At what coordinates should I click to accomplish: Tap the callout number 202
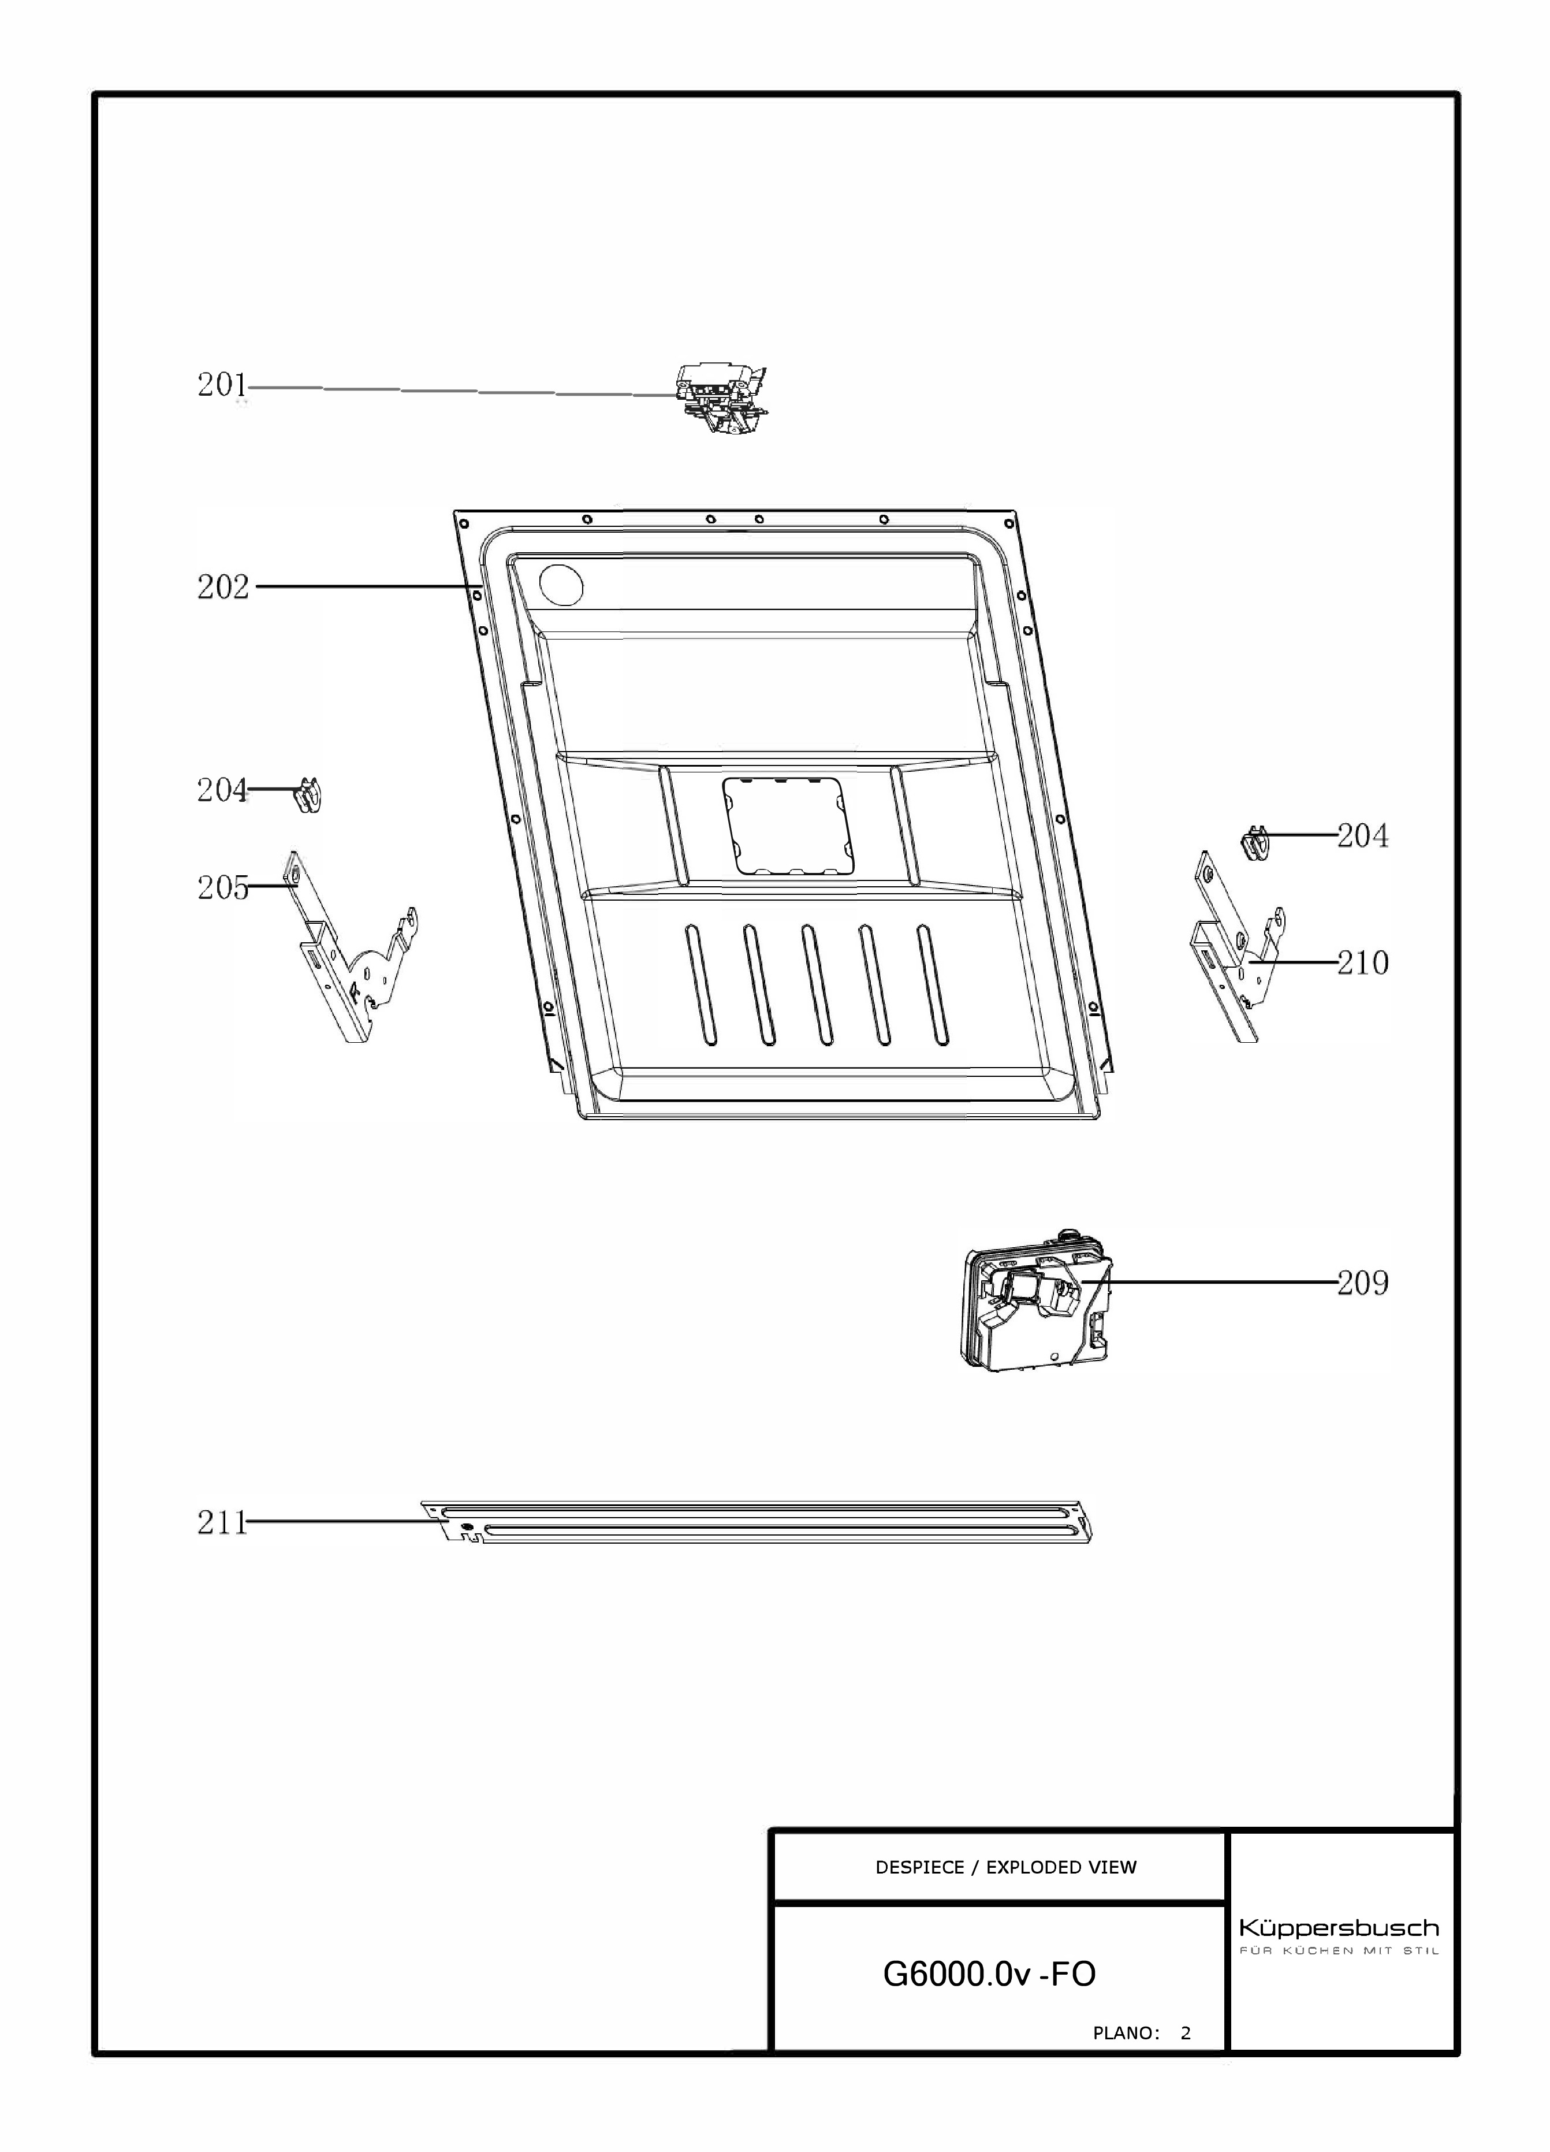223,588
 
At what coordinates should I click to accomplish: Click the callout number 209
1363,1283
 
